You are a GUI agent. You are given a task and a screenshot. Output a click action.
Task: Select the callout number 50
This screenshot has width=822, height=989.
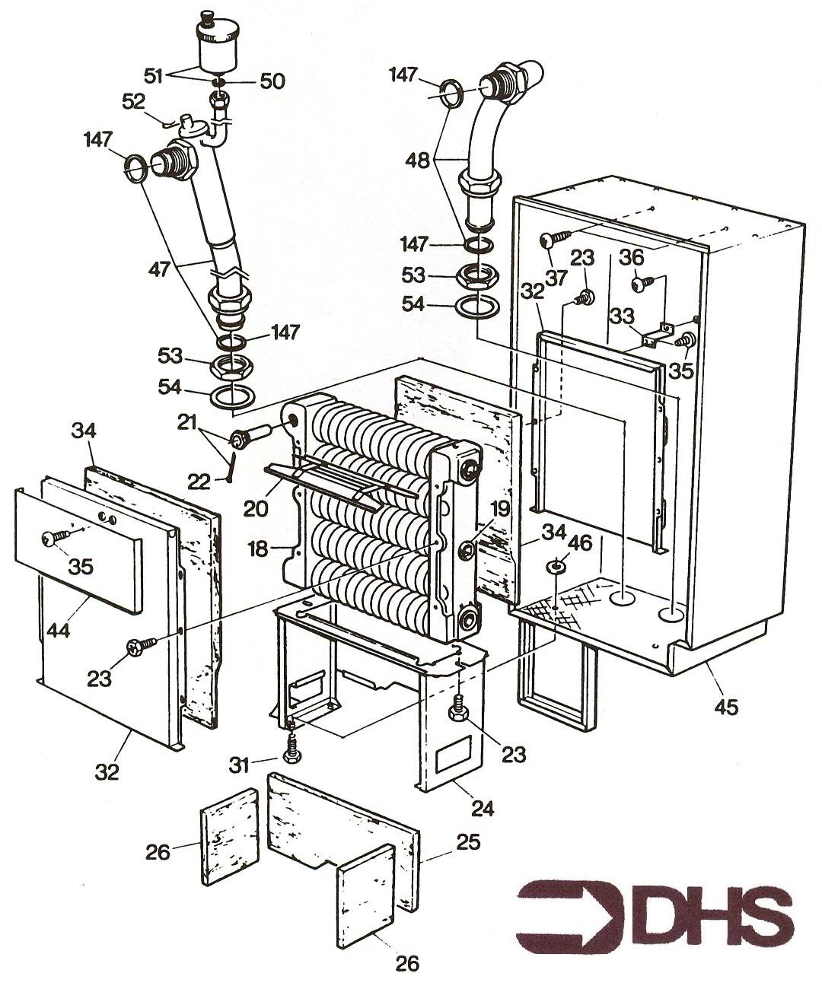click(x=273, y=81)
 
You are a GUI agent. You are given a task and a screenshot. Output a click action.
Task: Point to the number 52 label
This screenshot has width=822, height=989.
click(x=134, y=101)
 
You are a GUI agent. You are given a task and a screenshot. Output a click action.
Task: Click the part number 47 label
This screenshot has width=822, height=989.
click(x=159, y=269)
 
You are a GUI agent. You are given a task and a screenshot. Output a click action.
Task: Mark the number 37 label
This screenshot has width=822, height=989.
click(x=556, y=277)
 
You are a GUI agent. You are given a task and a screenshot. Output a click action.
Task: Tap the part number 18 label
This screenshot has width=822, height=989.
click(x=258, y=549)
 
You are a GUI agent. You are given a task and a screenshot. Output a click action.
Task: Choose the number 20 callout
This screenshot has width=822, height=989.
click(x=256, y=508)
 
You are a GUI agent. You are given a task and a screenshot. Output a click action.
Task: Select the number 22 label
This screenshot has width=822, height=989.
click(x=199, y=482)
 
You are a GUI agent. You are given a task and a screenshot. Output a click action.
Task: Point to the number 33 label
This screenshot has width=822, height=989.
click(x=622, y=316)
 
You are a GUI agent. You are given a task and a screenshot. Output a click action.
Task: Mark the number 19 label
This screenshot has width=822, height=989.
click(x=499, y=509)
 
